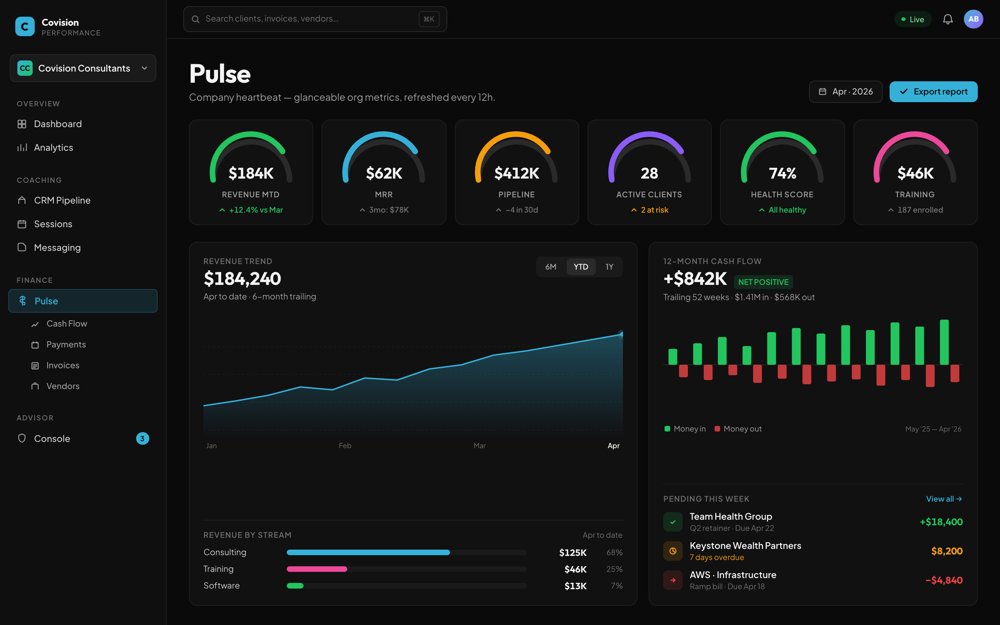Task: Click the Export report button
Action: click(933, 92)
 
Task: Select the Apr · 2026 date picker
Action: click(845, 92)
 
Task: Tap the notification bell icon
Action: click(948, 19)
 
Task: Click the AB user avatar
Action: click(973, 19)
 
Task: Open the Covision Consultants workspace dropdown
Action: click(83, 68)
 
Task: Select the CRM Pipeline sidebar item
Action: click(62, 200)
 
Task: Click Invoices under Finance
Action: click(62, 365)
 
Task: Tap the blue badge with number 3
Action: click(142, 438)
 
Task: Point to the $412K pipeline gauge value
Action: click(516, 173)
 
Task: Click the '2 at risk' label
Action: click(654, 210)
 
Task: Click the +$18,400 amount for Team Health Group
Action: click(941, 522)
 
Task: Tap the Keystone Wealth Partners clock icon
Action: click(673, 551)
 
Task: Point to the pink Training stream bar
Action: click(317, 569)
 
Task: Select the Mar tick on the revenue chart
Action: click(480, 446)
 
